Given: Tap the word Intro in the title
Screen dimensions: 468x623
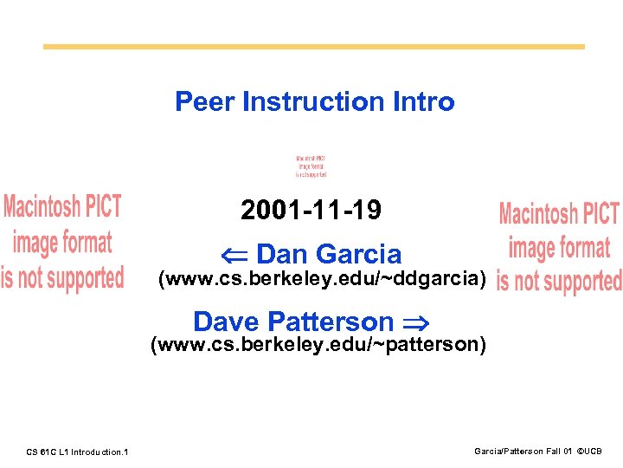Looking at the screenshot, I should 425,101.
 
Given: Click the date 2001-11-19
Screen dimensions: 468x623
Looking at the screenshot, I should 311,211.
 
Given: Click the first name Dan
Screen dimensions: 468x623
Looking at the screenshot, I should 282,254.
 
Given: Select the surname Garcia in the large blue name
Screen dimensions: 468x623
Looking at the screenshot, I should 358,254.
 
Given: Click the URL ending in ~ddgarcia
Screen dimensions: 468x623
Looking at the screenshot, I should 320,279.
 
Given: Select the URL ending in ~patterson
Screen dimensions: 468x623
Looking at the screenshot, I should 318,345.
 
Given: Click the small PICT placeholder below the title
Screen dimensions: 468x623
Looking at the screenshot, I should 311,166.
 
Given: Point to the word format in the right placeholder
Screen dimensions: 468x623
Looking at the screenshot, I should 584,249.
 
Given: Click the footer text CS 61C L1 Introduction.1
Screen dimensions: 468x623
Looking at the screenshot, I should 78,452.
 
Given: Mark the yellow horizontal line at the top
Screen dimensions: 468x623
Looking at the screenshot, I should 313,47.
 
